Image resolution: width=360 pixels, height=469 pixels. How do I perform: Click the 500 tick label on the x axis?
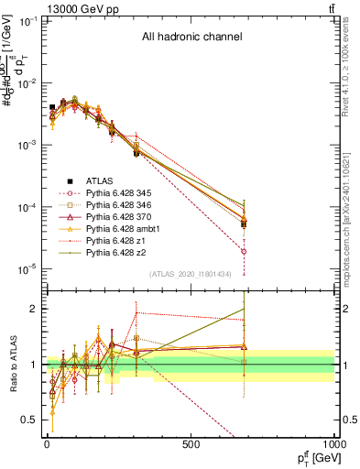pos(190,444)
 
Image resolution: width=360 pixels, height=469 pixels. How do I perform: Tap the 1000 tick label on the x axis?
pos(333,444)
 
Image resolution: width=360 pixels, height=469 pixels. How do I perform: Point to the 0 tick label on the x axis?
pos(47,444)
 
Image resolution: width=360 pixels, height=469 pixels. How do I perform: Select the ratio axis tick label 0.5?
pos(28,420)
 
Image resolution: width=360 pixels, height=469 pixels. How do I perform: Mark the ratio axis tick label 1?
pos(32,365)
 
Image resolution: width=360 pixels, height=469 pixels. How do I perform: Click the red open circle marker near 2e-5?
pos(245,251)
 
